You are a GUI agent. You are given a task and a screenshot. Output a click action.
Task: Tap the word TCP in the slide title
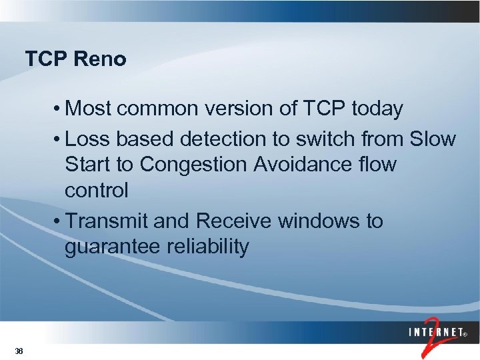pyautogui.click(x=47, y=59)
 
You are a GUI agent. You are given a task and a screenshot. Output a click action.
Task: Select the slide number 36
pyautogui.click(x=19, y=351)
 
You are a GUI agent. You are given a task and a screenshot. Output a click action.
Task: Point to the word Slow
pyautogui.click(x=433, y=139)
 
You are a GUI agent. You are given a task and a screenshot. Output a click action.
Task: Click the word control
pyautogui.click(x=96, y=190)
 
